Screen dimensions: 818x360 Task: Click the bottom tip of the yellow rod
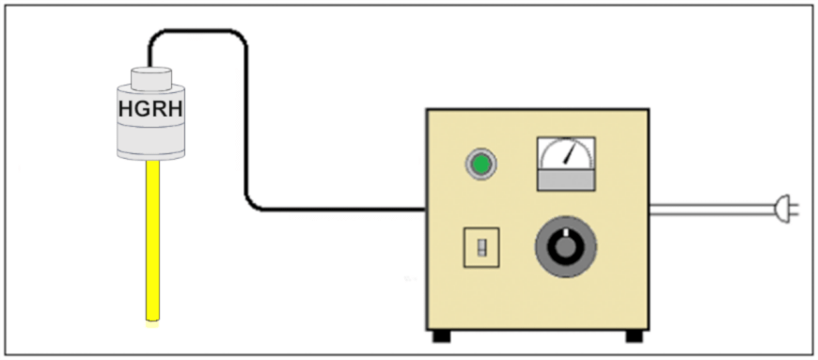pyautogui.click(x=150, y=318)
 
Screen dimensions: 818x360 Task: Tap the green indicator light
pyautogui.click(x=481, y=165)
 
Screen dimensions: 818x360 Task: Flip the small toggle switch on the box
pyautogui.click(x=480, y=247)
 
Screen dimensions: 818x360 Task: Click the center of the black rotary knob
pyautogui.click(x=564, y=247)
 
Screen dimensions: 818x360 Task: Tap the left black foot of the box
pyautogui.click(x=440, y=336)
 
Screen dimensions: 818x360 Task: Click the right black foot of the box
pyautogui.click(x=635, y=336)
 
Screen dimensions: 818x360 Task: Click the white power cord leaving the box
pyautogui.click(x=705, y=209)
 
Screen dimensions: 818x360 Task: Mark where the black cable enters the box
pyautogui.click(x=424, y=209)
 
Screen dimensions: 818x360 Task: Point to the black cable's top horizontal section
pyautogui.click(x=197, y=32)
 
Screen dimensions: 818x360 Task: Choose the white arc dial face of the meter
pyautogui.click(x=565, y=152)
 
